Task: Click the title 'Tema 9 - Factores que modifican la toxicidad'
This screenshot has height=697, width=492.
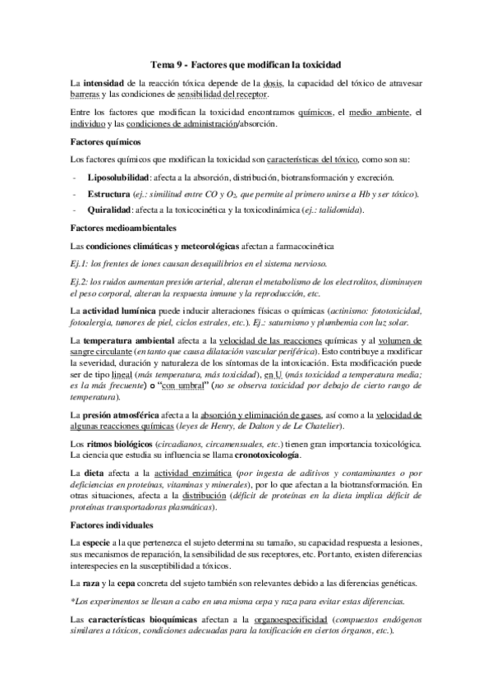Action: click(x=246, y=63)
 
